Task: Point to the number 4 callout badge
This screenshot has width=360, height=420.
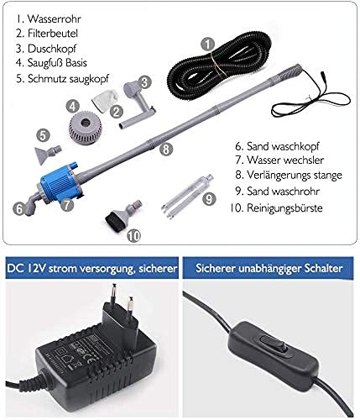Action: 73,107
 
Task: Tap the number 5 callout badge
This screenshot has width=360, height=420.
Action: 43,134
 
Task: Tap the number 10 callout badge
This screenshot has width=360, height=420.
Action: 132,236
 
